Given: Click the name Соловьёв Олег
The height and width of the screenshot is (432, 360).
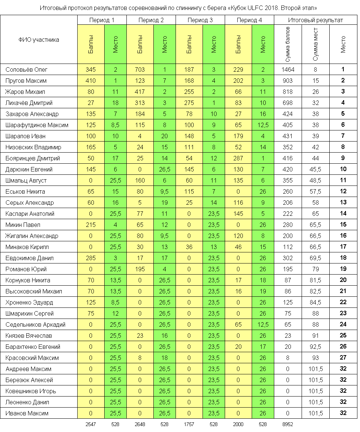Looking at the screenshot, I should [x=27, y=69].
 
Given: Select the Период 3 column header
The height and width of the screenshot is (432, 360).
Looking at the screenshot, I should [x=200, y=20].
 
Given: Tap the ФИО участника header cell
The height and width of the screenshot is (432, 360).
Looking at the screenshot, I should [x=39, y=40].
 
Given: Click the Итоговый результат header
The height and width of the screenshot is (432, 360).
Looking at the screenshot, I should [x=315, y=20].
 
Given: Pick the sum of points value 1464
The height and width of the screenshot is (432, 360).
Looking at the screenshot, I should [x=287, y=69].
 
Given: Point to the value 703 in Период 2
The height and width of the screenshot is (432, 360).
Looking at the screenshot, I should [x=140, y=69].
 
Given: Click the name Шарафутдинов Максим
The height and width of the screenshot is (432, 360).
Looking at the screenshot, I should [x=37, y=125].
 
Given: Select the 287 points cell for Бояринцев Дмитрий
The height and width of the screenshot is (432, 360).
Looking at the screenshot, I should [x=238, y=158].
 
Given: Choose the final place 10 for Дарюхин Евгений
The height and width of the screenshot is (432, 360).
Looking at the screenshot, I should [x=343, y=169].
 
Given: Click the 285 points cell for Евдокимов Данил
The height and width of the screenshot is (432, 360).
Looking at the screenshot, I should [x=91, y=258].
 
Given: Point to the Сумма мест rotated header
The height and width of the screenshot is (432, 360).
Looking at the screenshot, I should [x=315, y=44].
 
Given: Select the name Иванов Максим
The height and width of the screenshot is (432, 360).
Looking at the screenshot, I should [x=27, y=413].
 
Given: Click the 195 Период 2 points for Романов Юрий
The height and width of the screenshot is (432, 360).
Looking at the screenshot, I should [x=140, y=269].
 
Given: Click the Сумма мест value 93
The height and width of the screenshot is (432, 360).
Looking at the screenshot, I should [x=315, y=358].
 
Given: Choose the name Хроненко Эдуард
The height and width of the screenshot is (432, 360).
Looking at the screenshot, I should [x=29, y=302].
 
